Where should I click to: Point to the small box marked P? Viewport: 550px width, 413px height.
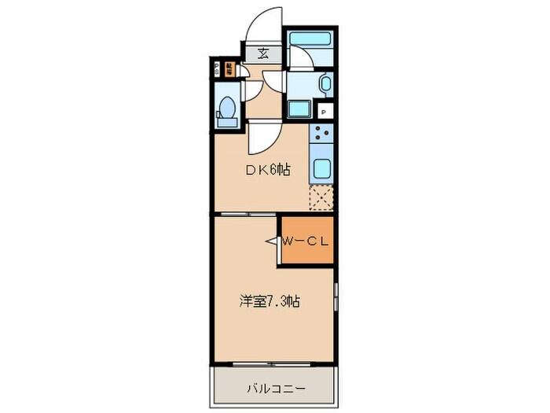click(324, 112)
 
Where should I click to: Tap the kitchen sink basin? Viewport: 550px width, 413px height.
click(323, 168)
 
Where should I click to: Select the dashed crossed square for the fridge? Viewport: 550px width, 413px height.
click(323, 197)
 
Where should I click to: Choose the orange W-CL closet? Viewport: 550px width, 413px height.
click(307, 240)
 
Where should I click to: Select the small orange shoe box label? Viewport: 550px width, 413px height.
click(229, 68)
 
